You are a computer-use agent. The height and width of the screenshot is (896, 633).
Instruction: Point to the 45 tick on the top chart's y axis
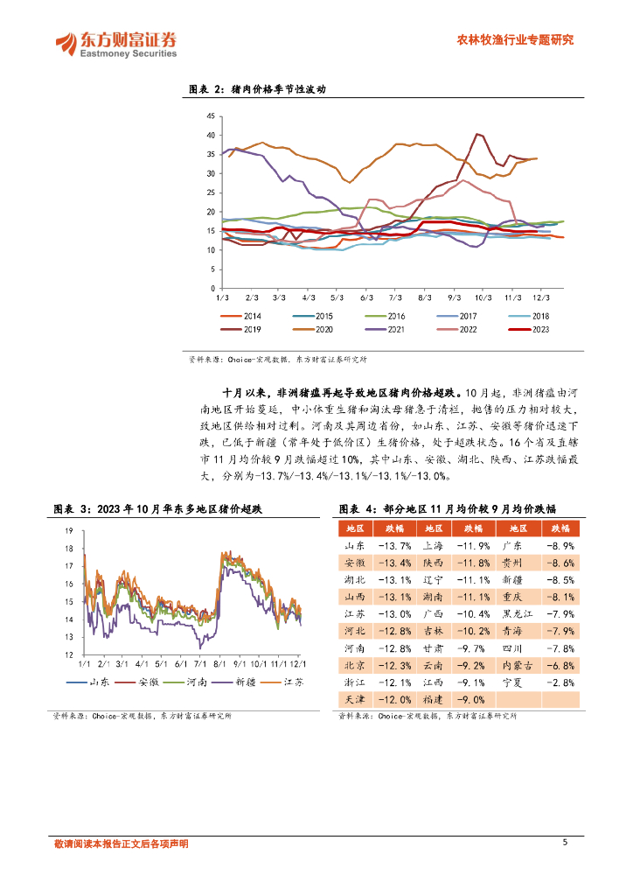coord(211,116)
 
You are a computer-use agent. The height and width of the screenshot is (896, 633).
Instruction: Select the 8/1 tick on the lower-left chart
coord(219,665)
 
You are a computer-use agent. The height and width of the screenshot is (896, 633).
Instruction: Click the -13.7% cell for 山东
coord(394,545)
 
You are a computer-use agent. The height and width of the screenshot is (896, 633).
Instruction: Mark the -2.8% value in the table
coord(560,682)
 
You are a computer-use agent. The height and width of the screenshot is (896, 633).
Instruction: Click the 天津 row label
coord(354,699)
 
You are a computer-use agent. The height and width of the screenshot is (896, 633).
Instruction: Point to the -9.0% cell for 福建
coord(472,699)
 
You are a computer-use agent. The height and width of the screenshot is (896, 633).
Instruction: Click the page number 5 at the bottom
coord(566,843)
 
